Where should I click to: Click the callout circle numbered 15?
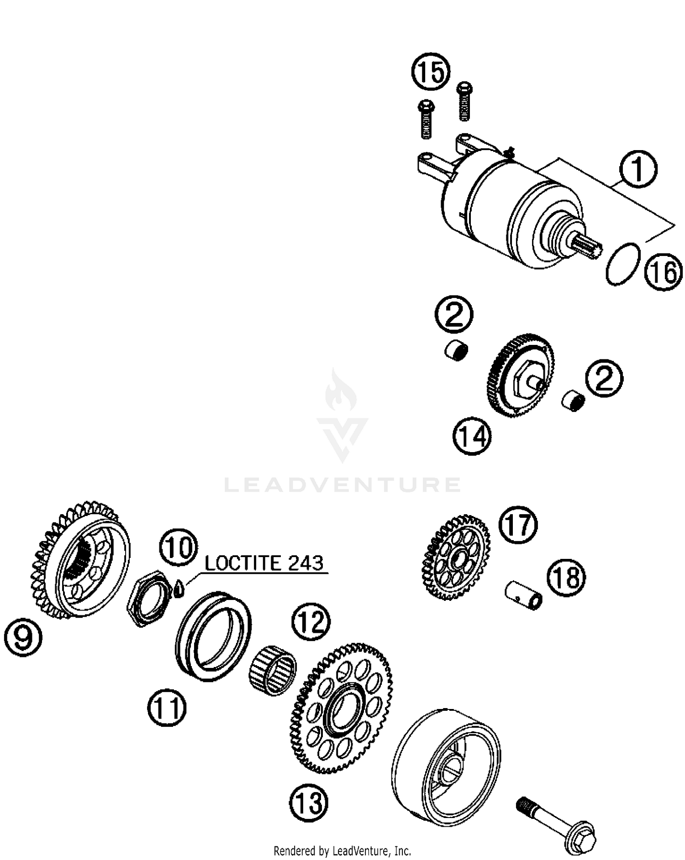(431, 72)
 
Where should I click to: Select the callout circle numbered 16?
(664, 272)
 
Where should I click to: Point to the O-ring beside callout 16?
(623, 264)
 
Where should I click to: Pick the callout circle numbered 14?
(472, 436)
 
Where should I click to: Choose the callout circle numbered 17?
(518, 525)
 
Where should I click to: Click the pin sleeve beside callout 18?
(524, 594)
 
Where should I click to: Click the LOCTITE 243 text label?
(264, 563)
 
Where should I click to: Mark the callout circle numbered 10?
(178, 547)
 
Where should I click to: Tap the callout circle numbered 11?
(167, 708)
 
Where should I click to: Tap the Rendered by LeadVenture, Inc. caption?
(342, 850)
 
